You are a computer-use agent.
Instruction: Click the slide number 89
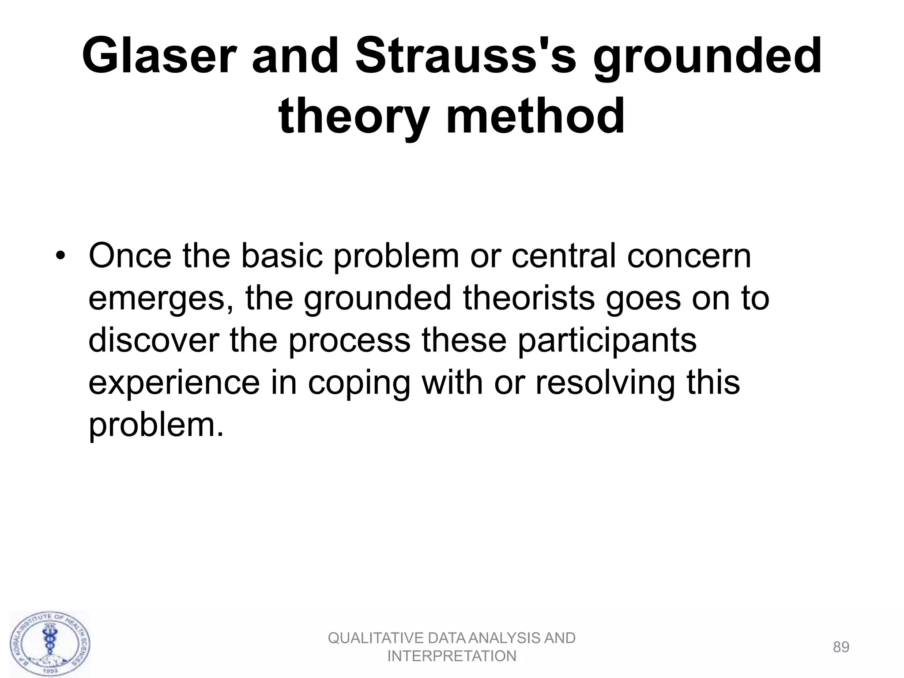(x=841, y=647)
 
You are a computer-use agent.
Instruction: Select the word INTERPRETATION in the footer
(x=452, y=656)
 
